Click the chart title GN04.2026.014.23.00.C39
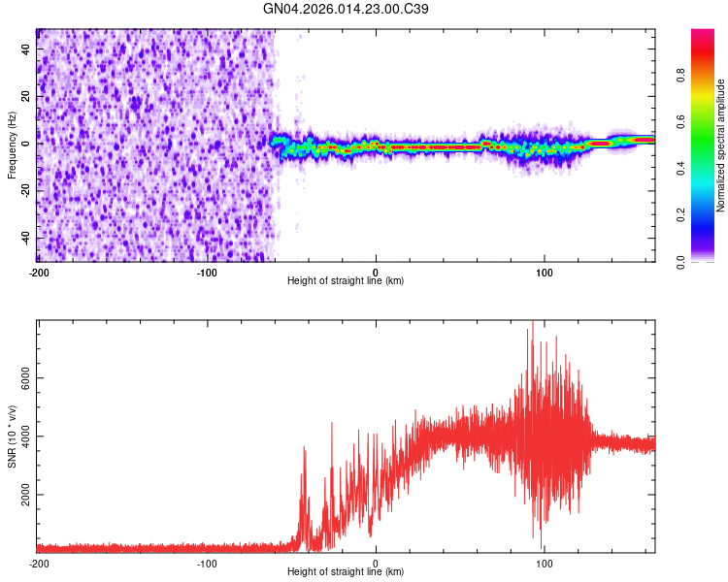pos(347,9)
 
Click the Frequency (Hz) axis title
pos(12,145)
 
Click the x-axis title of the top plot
pos(346,280)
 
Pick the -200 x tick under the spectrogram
pos(39,271)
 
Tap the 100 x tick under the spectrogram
pos(545,271)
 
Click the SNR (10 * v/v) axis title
pos(12,436)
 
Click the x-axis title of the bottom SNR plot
pos(346,571)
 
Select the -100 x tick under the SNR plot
pos(208,562)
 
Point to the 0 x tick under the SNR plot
pos(376,562)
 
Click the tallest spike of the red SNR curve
pos(532,323)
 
